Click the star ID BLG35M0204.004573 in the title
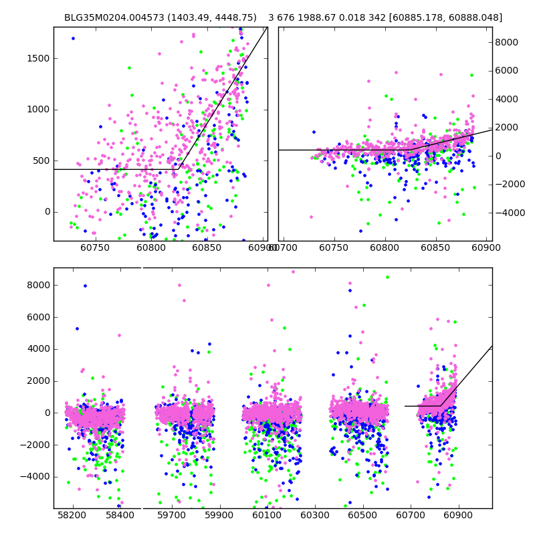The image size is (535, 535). (x=106, y=17)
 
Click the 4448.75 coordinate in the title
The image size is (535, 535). (x=234, y=17)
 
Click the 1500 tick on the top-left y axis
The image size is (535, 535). (x=37, y=58)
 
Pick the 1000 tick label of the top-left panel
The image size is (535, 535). (x=37, y=110)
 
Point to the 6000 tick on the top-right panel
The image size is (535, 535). (x=506, y=70)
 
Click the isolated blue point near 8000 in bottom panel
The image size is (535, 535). (x=85, y=286)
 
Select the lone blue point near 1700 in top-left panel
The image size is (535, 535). (x=73, y=38)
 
